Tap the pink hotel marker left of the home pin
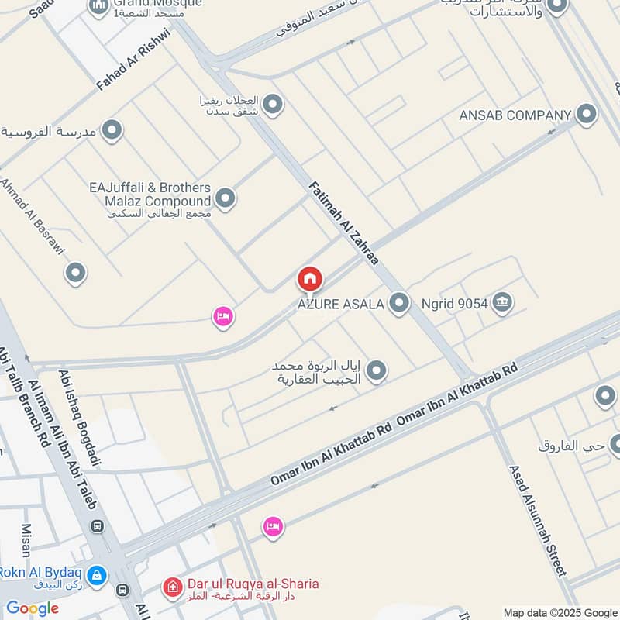223,316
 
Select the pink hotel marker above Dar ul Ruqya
273,527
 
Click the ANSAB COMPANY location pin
587,115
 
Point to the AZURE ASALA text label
342,304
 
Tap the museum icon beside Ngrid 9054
502,302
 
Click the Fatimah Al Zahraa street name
343,224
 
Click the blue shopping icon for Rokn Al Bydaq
97,576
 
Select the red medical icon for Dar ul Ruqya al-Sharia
172,589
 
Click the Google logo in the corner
33,608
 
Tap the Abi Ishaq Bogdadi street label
80,418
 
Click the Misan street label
25,539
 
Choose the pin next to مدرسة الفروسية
112,130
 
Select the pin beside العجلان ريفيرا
272,103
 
